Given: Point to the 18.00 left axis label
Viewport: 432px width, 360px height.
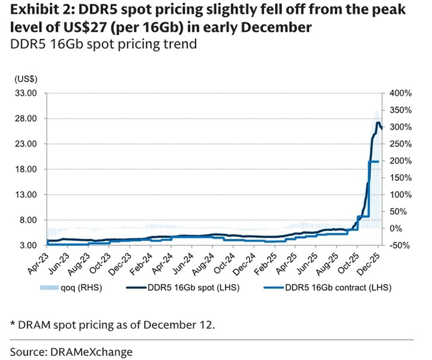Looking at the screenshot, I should click(27, 169).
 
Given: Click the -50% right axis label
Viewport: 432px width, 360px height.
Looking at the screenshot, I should click(400, 245).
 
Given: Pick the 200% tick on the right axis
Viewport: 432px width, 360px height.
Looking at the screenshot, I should click(400, 161).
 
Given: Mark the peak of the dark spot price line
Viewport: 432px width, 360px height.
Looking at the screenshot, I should click(379, 123).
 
